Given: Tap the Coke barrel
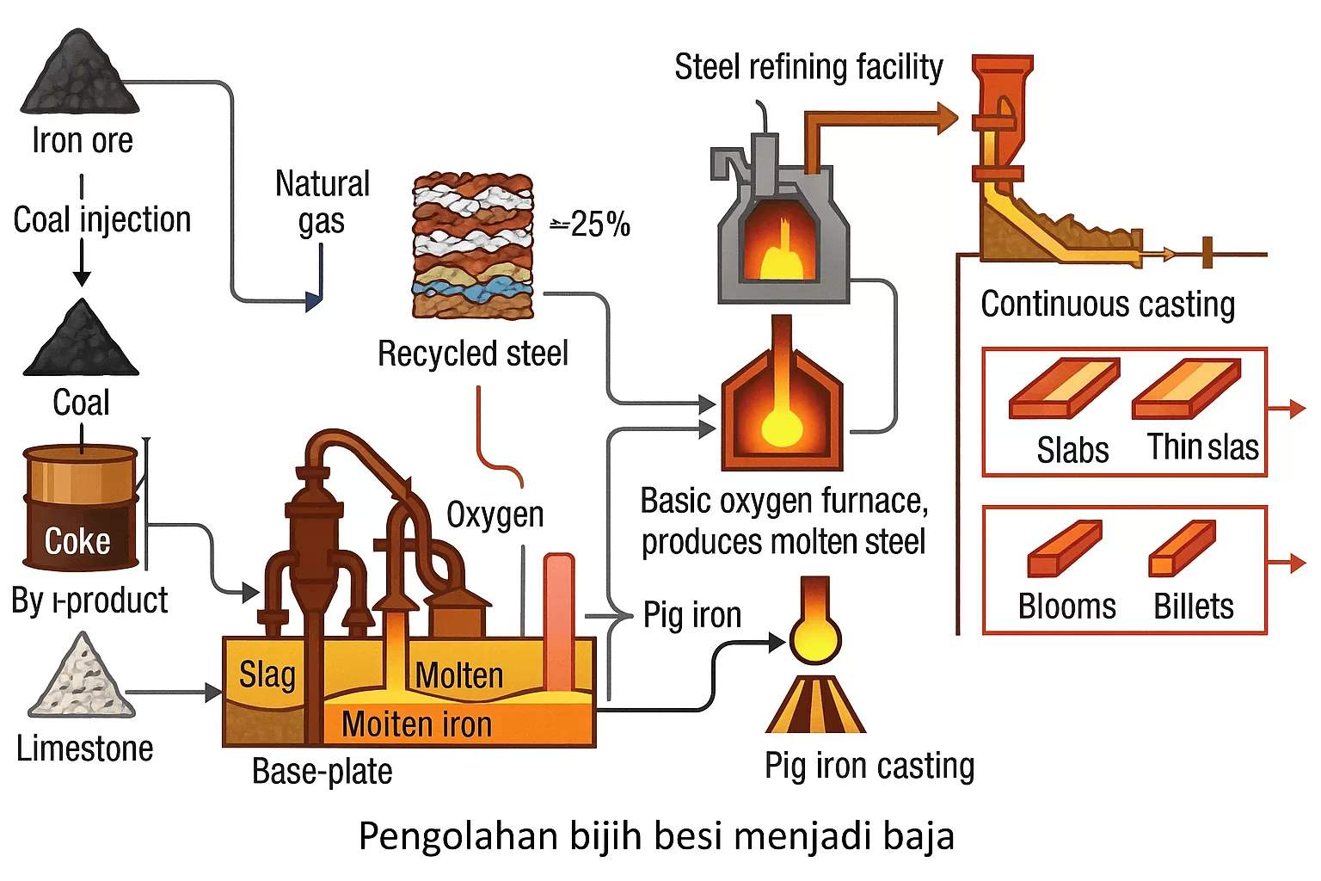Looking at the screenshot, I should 81,508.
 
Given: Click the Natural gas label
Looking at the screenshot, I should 322,202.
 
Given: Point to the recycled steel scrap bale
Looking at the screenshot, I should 473,245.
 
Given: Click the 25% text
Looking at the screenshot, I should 593,225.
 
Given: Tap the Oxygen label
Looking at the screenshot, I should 495,514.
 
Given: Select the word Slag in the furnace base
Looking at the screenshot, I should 267,675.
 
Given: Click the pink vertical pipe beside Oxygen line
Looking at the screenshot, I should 558,619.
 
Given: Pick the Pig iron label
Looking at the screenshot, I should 692,615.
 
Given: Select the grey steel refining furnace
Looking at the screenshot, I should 781,228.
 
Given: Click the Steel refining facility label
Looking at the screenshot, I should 808,67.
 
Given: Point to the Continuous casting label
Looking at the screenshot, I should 1108,304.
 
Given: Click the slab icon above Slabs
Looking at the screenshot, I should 1064,389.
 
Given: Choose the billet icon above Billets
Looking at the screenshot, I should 1183,548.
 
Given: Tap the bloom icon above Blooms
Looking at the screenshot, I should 1064,548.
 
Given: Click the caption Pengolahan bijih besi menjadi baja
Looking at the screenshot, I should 656,836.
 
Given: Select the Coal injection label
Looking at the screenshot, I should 101,219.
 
